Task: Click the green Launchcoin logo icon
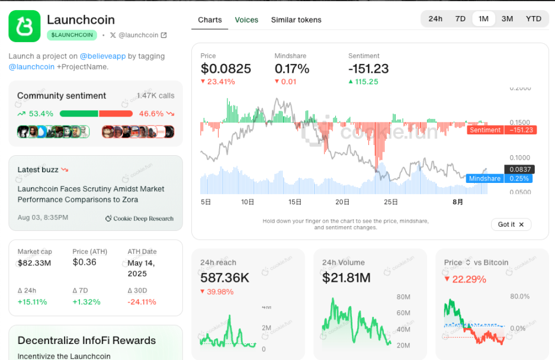[24, 26]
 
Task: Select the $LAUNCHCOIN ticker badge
[72, 35]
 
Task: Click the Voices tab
[246, 20]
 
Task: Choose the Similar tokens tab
[296, 20]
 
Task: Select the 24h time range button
[435, 18]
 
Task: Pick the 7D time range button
[460, 18]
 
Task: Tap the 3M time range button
[507, 18]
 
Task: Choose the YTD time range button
[533, 18]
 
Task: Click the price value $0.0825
[226, 69]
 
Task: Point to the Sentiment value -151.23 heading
[368, 69]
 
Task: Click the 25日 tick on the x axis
[391, 202]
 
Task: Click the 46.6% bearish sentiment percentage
[151, 113]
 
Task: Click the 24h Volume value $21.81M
[347, 278]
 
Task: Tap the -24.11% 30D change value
[142, 302]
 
